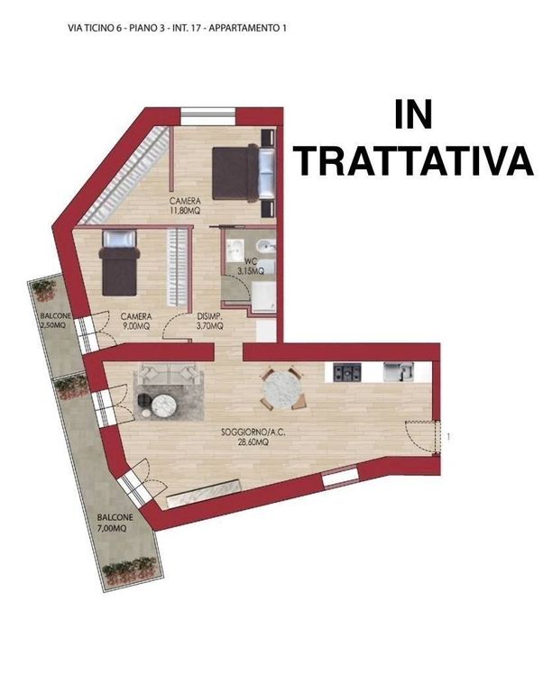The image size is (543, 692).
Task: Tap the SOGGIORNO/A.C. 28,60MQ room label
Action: pyautogui.click(x=253, y=437)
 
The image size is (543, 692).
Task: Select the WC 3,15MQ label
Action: pyautogui.click(x=251, y=267)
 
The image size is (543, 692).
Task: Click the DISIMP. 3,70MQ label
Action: pyautogui.click(x=209, y=322)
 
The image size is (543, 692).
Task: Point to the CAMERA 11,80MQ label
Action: pyautogui.click(x=185, y=206)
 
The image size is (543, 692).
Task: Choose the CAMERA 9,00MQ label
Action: pyautogui.click(x=136, y=322)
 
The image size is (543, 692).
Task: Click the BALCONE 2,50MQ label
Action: pyautogui.click(x=55, y=321)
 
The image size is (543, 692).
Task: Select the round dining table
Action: pyautogui.click(x=281, y=389)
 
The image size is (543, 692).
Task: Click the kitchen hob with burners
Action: pyautogui.click(x=347, y=372)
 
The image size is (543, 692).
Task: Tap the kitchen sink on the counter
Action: pyautogui.click(x=399, y=371)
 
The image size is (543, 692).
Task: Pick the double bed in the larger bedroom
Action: pyautogui.click(x=244, y=173)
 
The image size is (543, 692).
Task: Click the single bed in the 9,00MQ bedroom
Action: pyautogui.click(x=119, y=262)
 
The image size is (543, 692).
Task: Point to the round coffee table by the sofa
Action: pyautogui.click(x=164, y=404)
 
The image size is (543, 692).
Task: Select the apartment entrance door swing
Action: pyautogui.click(x=423, y=436)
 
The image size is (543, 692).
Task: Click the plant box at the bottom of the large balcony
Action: pyautogui.click(x=130, y=570)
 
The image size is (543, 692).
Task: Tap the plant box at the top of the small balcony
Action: pyautogui.click(x=43, y=289)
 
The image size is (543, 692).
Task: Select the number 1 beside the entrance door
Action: pyautogui.click(x=449, y=437)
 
